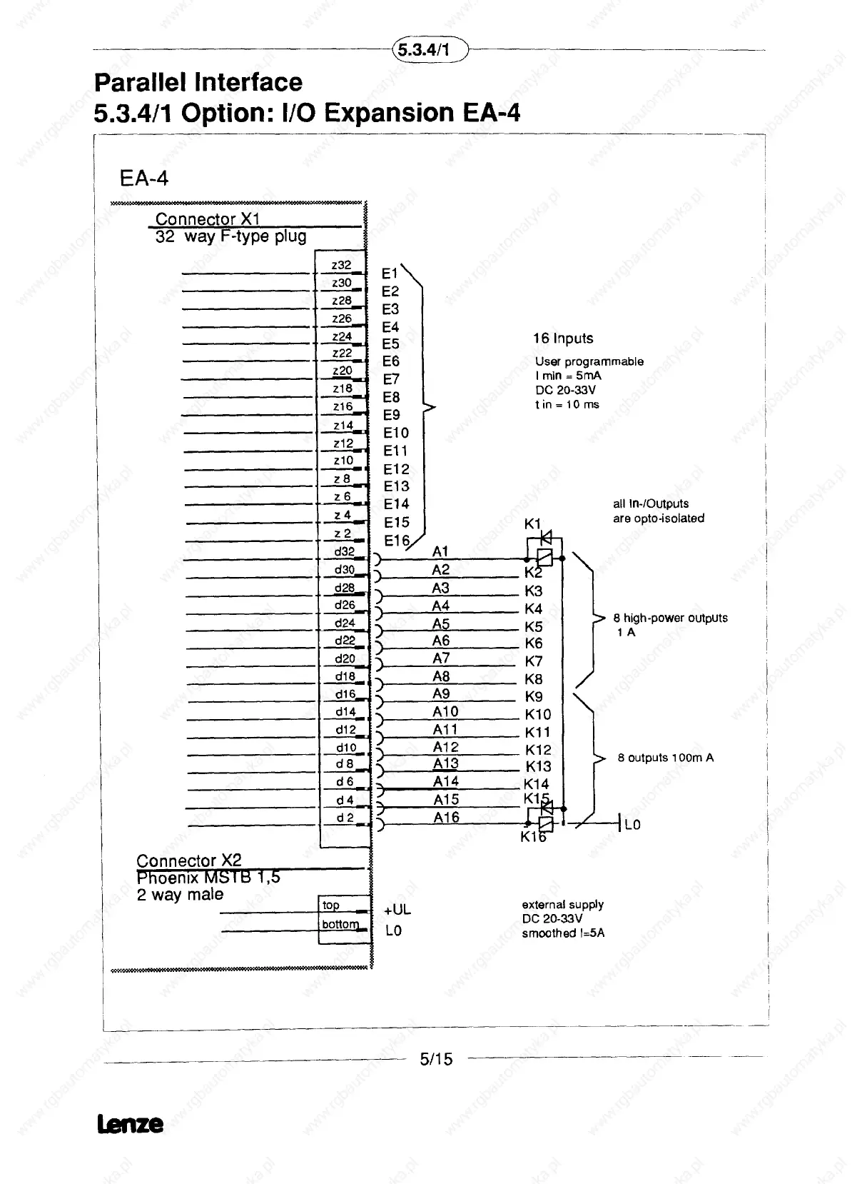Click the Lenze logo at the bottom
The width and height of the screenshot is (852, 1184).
(130, 1125)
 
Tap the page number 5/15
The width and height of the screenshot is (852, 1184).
(436, 1059)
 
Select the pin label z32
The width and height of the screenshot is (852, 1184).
(341, 264)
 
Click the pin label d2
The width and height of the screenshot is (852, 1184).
(345, 818)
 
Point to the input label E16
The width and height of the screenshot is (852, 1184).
(397, 541)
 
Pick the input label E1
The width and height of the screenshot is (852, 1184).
(390, 274)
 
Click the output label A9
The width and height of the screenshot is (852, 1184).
(441, 693)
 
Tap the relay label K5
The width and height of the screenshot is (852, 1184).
(534, 626)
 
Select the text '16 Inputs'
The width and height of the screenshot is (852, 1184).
(563, 338)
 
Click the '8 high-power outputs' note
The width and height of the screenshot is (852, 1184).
(670, 618)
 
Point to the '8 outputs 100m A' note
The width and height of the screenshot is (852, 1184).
(665, 758)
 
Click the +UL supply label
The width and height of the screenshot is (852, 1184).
(397, 910)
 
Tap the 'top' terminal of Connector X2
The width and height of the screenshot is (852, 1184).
(331, 905)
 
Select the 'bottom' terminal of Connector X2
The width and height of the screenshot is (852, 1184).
(340, 924)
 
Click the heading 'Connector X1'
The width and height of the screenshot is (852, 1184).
(208, 219)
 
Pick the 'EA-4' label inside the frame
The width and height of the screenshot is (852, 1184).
(144, 178)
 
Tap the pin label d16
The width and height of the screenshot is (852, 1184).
(345, 693)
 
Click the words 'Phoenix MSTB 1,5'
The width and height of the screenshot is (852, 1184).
(208, 877)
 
